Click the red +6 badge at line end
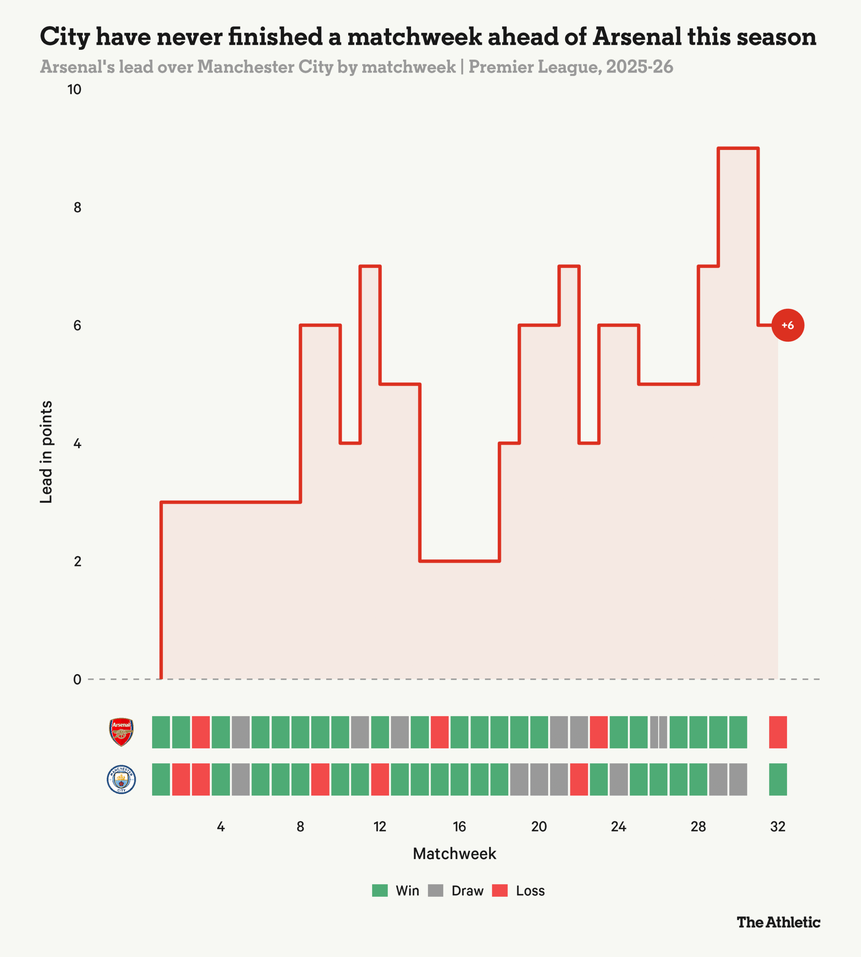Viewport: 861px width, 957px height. tap(788, 325)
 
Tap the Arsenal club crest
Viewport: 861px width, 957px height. tap(121, 732)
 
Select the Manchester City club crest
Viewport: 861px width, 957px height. tap(121, 779)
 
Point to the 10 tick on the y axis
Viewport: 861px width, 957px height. tap(74, 89)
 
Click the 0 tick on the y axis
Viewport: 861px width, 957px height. tap(77, 679)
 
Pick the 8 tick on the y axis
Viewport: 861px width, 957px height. tap(77, 207)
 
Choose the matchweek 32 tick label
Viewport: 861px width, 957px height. tap(778, 827)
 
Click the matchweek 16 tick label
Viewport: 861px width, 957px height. tap(459, 827)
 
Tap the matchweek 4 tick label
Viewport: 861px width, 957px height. tap(220, 827)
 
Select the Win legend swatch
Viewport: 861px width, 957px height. tap(380, 890)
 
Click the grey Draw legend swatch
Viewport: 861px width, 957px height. tap(435, 890)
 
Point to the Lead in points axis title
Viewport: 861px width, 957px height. tap(46, 452)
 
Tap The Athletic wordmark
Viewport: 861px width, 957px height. tap(778, 921)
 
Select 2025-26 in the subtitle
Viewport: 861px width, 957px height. tap(640, 67)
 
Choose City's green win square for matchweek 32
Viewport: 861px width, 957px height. tap(778, 779)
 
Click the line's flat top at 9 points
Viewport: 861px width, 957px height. tap(738, 148)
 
